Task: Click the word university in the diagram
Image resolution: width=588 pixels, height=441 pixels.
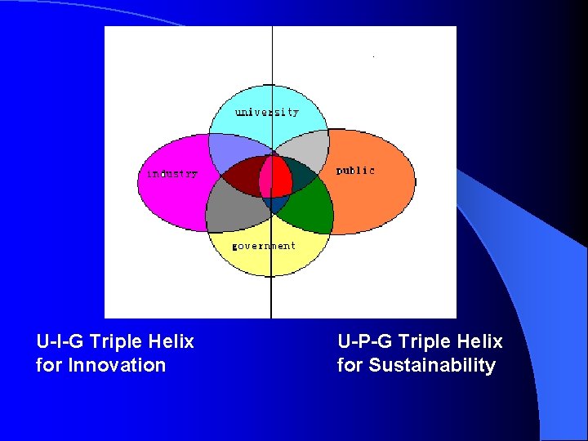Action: [267, 112]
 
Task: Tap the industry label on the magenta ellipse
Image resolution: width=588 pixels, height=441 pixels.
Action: [171, 174]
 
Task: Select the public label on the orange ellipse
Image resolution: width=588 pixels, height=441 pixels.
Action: [355, 171]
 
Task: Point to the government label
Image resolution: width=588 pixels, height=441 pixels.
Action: [263, 245]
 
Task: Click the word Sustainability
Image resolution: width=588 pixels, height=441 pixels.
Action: [432, 365]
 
